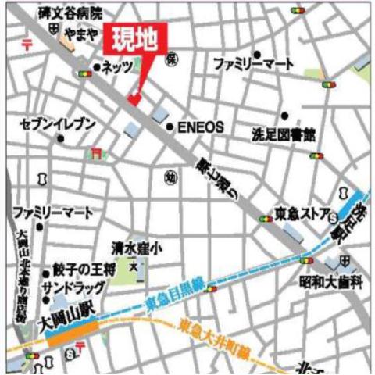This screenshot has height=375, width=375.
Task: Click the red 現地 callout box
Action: point(137,40)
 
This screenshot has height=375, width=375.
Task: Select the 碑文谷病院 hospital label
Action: point(69,13)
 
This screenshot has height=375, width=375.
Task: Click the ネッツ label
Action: point(116,68)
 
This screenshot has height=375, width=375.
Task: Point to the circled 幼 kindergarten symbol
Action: point(170,178)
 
